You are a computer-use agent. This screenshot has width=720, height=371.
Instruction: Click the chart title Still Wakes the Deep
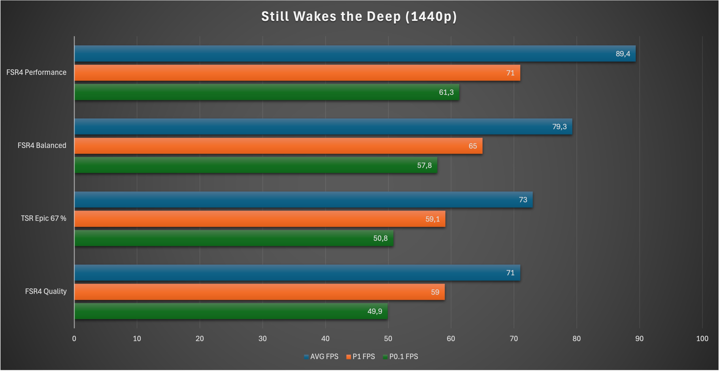point(359,16)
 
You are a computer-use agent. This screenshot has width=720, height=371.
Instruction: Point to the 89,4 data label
point(623,54)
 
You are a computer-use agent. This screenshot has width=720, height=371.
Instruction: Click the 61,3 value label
point(446,92)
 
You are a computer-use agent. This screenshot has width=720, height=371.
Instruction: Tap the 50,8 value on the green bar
point(380,238)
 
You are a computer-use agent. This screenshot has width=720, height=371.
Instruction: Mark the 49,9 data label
point(375,311)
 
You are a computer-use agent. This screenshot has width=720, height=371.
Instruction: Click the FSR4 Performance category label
point(36,72)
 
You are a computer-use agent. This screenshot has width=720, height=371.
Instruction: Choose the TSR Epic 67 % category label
point(44,218)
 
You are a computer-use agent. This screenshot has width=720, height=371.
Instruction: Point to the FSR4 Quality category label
point(46,291)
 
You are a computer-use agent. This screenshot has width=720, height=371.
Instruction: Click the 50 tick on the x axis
point(388,339)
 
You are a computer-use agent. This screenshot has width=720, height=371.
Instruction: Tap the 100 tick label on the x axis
point(702,339)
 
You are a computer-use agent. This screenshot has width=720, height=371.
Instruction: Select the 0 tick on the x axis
point(74,339)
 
